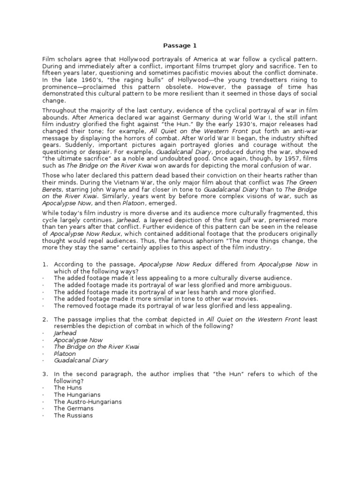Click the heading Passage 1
coord(180,45)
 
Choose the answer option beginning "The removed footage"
coord(172,306)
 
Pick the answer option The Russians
coord(73,415)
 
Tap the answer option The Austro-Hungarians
coord(88,402)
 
